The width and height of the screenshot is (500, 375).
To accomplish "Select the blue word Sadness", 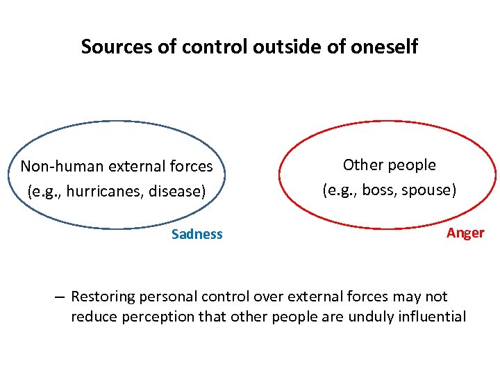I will [197, 234].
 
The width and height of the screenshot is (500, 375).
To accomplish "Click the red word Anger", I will [465, 233].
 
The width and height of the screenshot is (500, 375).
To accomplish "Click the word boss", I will [378, 190].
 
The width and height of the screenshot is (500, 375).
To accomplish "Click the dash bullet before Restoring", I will [60, 297].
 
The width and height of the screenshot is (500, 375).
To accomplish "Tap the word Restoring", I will [102, 297].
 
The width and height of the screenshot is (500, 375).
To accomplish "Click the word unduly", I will [377, 317].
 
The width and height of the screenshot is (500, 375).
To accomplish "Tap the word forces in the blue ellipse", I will [191, 167].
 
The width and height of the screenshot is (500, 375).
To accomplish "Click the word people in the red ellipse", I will [413, 165].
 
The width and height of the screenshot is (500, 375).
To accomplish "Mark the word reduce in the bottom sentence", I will [92, 317].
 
